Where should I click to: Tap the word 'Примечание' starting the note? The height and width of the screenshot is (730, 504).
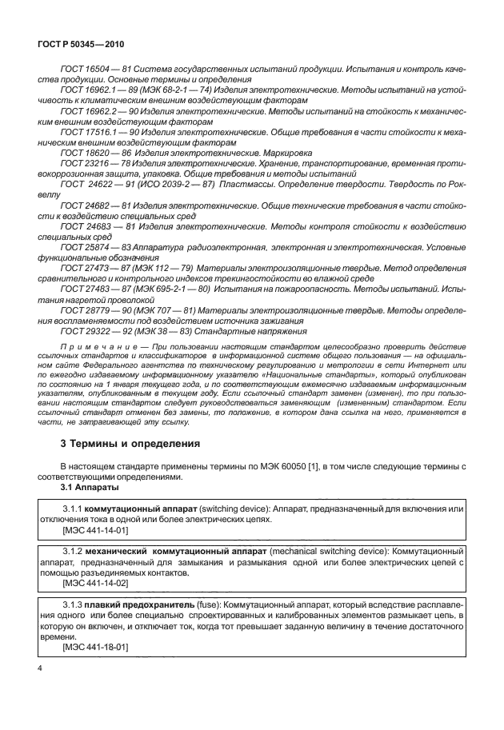[95, 345]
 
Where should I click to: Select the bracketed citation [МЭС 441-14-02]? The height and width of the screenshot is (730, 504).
[94, 584]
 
